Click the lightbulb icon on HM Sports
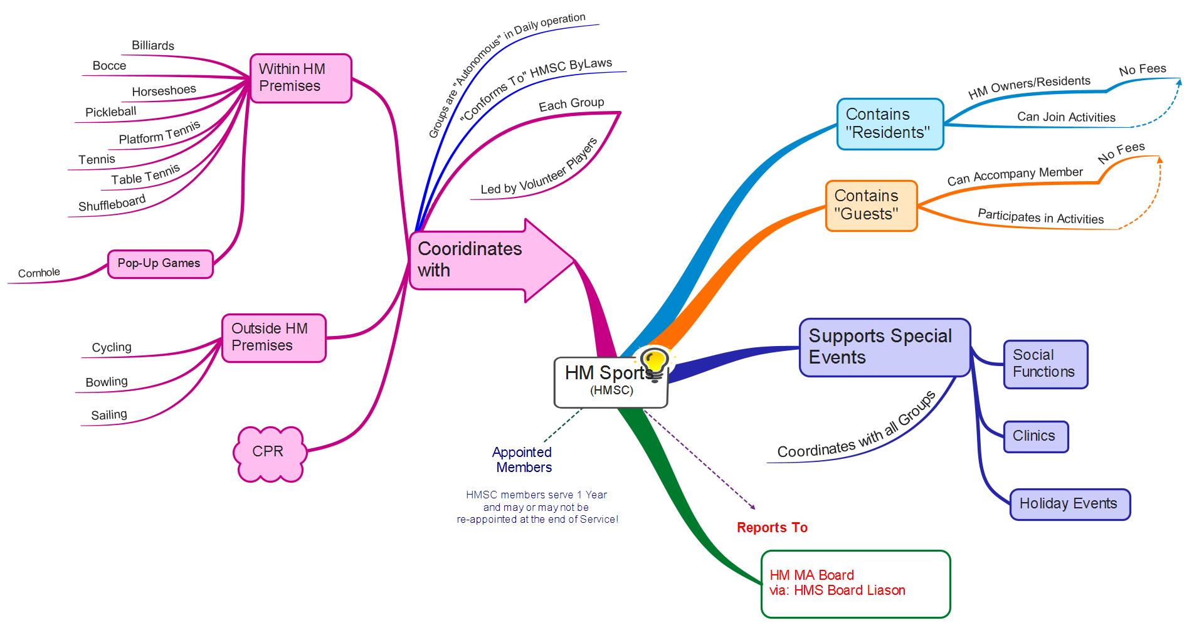[653, 363]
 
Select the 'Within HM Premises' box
[300, 78]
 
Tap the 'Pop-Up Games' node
[160, 263]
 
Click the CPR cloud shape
[268, 453]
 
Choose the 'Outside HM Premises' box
[273, 337]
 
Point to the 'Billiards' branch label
[153, 46]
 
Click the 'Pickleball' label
[110, 112]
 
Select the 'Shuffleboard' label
[112, 203]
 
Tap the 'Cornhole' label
[39, 273]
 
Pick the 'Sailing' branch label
[109, 415]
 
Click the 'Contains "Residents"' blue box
[889, 123]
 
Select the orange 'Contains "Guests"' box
[870, 205]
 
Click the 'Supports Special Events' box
[884, 347]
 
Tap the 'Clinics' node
[1035, 436]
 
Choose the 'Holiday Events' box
[1069, 504]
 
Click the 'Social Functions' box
[1045, 364]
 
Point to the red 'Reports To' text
[772, 528]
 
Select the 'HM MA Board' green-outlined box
[855, 584]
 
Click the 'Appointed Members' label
[523, 459]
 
